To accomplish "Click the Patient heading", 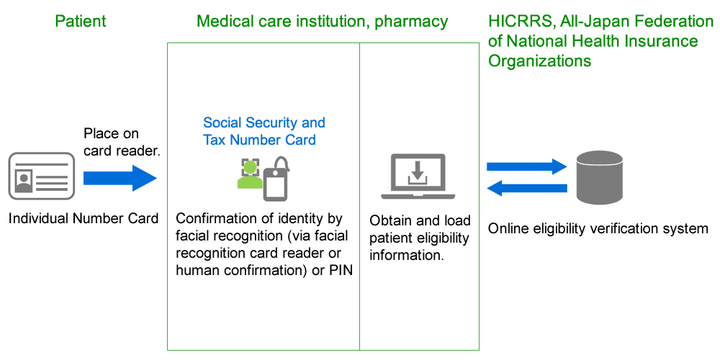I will tap(80, 22).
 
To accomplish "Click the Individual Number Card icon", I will tap(42, 176).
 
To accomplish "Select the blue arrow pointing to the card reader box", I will tap(120, 177).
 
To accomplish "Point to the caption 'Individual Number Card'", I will tap(84, 218).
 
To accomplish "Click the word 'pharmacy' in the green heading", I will tap(410, 22).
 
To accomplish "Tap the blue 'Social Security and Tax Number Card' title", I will tap(264, 131).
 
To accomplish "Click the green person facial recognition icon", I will tap(249, 176).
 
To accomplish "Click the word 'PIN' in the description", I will tap(339, 270).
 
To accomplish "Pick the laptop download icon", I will tap(418, 177).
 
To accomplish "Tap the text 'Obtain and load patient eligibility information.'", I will tap(419, 238).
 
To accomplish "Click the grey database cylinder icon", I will tap(600, 177).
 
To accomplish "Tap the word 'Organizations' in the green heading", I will tap(540, 60).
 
